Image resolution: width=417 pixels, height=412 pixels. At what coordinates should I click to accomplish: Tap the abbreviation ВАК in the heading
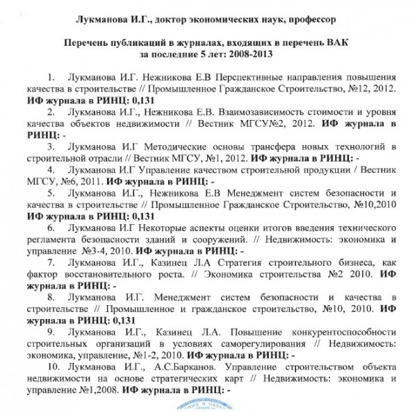coord(333,39)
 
